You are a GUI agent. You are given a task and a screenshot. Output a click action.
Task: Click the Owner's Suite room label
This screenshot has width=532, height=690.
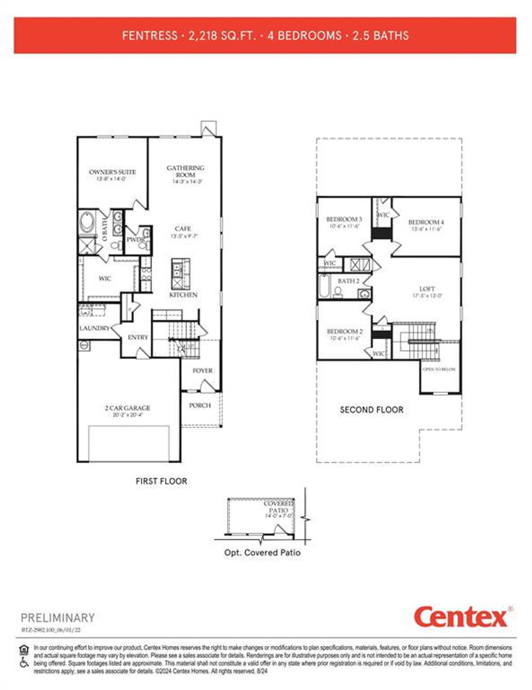(112, 172)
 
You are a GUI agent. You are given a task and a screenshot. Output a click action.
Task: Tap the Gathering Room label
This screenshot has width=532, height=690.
(185, 171)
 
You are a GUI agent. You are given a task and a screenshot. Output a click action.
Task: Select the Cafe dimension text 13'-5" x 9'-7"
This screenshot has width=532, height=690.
(184, 236)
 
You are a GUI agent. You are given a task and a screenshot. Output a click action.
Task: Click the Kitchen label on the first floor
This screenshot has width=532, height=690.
(183, 295)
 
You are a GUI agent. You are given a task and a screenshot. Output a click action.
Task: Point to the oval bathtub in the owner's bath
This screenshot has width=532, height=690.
(88, 222)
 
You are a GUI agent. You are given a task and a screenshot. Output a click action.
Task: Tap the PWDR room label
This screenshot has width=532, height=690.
(135, 240)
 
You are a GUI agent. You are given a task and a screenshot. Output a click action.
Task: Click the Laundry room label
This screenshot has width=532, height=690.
(94, 328)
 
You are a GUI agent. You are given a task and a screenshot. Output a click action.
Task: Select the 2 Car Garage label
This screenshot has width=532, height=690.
(128, 408)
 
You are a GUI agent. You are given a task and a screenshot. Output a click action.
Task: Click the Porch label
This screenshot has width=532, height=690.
(200, 405)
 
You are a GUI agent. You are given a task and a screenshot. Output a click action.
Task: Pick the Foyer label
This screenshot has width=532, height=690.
(202, 370)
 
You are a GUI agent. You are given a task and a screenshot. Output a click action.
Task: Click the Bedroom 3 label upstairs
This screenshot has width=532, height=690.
(344, 219)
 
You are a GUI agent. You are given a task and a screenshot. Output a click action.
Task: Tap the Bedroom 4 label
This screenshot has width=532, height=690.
(426, 222)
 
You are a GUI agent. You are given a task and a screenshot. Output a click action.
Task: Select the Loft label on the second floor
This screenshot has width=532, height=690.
(427, 288)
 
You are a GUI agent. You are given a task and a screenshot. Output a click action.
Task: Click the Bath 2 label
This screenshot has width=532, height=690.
(348, 281)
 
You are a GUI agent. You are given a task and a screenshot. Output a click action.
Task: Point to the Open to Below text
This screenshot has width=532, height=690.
(439, 369)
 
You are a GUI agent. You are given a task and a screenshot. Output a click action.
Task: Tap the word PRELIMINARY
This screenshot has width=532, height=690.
(58, 618)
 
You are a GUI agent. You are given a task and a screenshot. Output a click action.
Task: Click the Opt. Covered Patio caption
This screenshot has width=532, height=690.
(262, 553)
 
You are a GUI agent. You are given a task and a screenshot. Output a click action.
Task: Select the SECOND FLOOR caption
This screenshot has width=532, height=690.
(372, 410)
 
